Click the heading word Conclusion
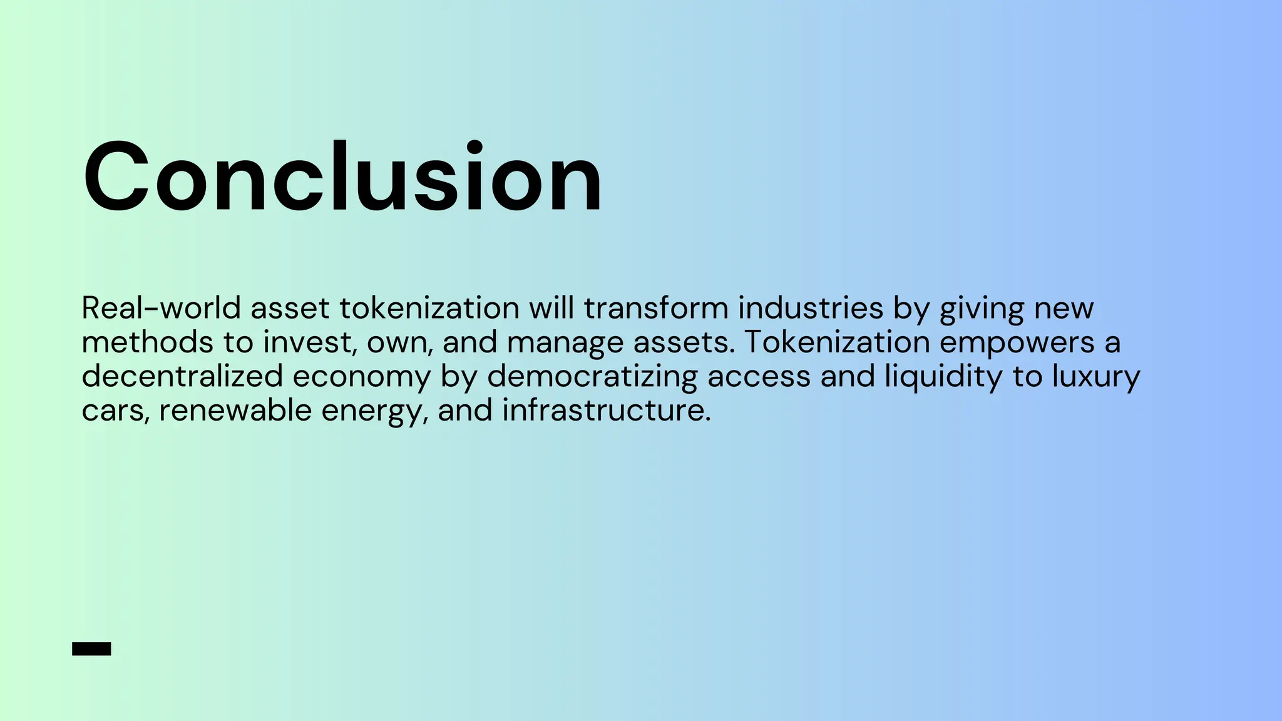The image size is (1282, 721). click(342, 178)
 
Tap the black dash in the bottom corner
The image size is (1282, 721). click(91, 649)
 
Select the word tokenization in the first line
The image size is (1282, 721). click(429, 308)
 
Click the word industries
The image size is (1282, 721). click(811, 308)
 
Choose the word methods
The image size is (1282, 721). click(148, 342)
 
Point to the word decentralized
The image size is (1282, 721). click(182, 376)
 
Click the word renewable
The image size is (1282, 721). click(235, 411)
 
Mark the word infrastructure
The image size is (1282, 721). click(606, 411)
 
